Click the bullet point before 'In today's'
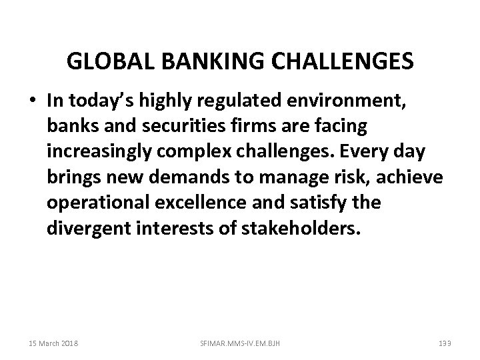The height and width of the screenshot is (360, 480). pos(33,100)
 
